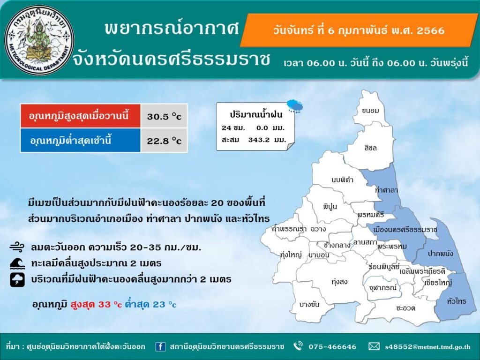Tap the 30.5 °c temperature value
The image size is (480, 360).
(164, 116)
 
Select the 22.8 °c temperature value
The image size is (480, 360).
(164, 141)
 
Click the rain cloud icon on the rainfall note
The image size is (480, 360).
(295, 106)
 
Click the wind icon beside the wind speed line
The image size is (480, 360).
(16, 247)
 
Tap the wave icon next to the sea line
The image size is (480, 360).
(17, 263)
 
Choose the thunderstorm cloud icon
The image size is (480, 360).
(17, 279)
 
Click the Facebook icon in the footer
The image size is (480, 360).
(160, 346)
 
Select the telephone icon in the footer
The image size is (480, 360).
(298, 346)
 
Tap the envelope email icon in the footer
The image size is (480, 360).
(374, 346)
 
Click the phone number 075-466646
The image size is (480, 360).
(332, 347)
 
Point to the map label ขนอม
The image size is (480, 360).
(370, 111)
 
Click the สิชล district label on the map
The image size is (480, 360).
(370, 148)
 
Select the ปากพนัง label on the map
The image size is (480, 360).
(440, 254)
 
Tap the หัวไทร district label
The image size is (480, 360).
(457, 301)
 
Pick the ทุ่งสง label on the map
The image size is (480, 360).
(339, 282)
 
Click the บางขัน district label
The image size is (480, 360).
(309, 304)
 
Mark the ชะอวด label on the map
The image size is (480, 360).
(405, 308)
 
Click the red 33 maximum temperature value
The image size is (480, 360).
(104, 305)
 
